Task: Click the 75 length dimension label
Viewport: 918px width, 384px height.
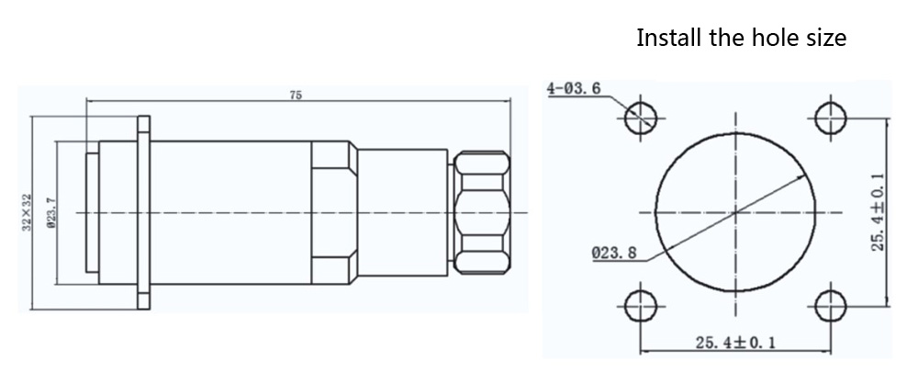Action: click(x=296, y=95)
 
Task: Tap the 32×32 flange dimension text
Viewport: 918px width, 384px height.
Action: click(x=27, y=212)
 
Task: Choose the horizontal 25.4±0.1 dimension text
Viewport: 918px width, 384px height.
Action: click(x=734, y=343)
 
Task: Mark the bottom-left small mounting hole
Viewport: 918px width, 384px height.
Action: click(x=642, y=305)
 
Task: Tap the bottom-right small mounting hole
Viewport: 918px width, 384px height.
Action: click(x=830, y=305)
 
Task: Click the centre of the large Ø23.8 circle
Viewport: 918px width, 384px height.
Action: click(x=736, y=211)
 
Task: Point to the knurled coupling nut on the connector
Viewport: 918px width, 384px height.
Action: click(x=480, y=212)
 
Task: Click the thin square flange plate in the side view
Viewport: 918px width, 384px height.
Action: click(x=142, y=212)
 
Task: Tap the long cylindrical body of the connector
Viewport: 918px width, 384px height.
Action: click(x=229, y=212)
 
